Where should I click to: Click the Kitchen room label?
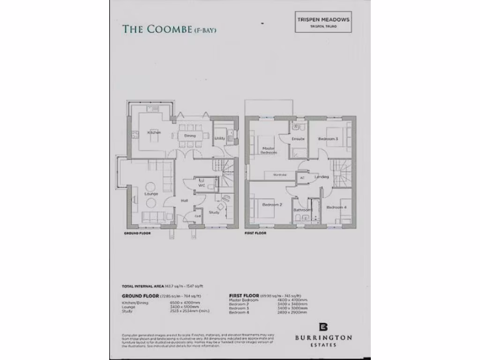154,133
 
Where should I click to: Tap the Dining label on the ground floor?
189,135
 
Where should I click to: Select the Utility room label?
219,138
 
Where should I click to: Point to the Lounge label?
151,194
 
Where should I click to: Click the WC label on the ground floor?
202,186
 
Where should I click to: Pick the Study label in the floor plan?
214,212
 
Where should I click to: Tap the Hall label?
185,201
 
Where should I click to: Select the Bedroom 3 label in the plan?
328,139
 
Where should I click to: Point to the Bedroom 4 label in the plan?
336,207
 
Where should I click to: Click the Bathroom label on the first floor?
302,210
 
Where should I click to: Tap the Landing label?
322,176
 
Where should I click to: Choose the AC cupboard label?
302,178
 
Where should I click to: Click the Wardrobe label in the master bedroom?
279,175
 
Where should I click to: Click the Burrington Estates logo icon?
322,327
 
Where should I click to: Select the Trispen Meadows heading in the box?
323,19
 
